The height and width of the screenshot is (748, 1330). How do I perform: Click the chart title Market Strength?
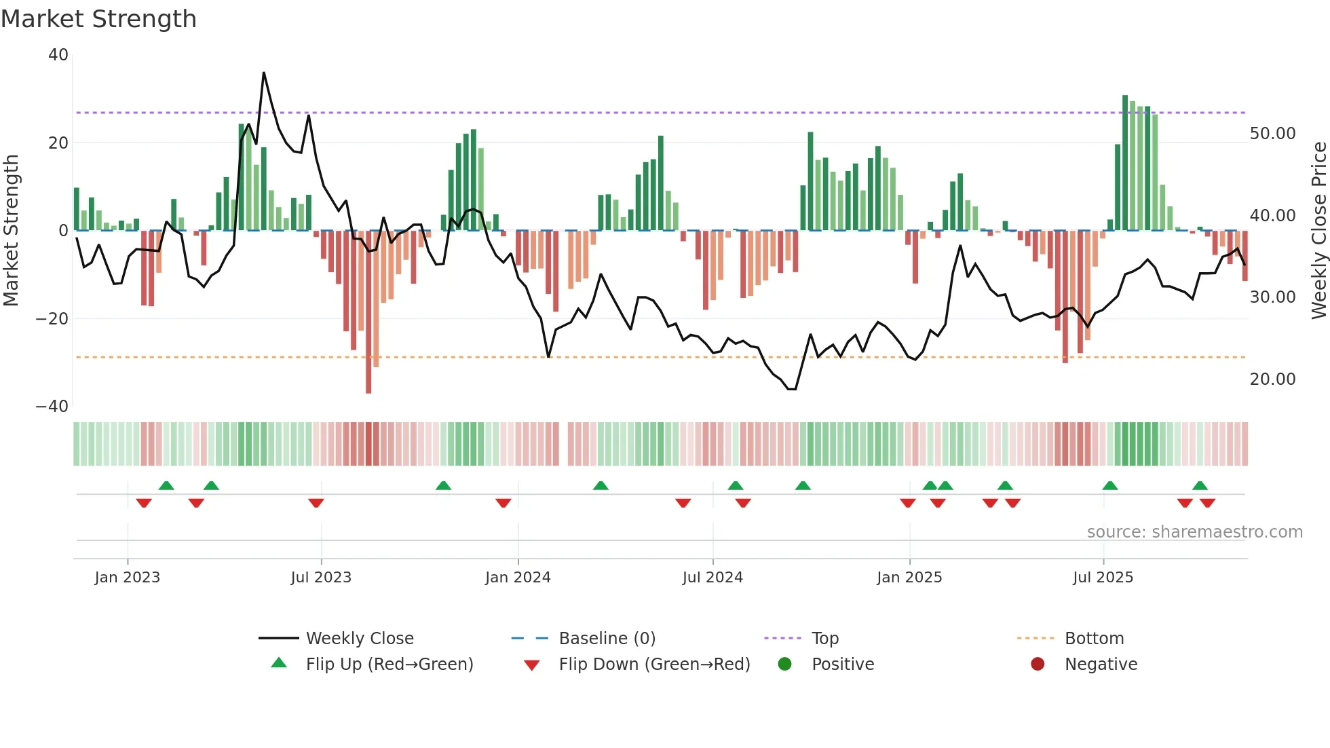click(x=98, y=19)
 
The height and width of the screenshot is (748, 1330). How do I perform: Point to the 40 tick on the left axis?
click(x=58, y=55)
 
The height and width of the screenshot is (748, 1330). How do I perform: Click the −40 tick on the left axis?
click(x=52, y=407)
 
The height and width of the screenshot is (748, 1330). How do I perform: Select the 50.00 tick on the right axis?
click(x=1272, y=134)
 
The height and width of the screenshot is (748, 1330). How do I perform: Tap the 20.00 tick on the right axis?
click(x=1272, y=379)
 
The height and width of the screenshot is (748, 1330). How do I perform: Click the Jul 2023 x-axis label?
click(x=321, y=578)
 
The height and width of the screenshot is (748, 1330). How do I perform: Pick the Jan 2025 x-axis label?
click(x=909, y=578)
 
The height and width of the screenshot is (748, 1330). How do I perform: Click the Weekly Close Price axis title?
click(x=1318, y=231)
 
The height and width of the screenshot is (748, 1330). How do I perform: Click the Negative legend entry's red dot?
click(x=1038, y=665)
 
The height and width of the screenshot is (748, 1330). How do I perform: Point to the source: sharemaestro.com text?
click(x=1194, y=532)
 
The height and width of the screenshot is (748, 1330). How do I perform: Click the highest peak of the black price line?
click(x=263, y=73)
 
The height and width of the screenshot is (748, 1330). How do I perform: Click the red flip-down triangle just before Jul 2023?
click(x=316, y=503)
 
